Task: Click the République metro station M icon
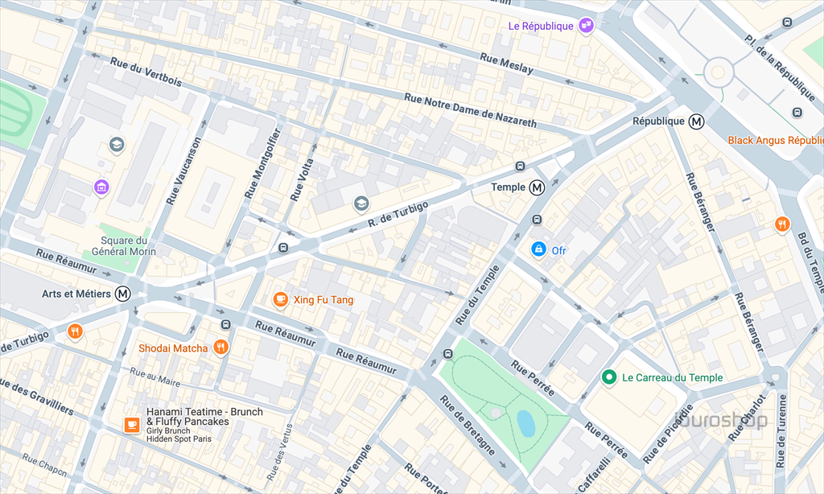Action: click(697, 121)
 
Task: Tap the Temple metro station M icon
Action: click(537, 187)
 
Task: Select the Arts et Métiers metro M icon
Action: click(123, 294)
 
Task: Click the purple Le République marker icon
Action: click(587, 26)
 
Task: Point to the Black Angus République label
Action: click(775, 140)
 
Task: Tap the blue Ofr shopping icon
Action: click(538, 250)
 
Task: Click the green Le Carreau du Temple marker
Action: click(610, 377)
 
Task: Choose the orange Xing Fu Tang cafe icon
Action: click(280, 300)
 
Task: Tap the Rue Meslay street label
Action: click(506, 64)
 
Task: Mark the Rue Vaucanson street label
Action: click(183, 170)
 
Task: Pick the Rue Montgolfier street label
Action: click(263, 163)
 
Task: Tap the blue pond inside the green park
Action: click(526, 422)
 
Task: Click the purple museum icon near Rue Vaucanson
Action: click(101, 187)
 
